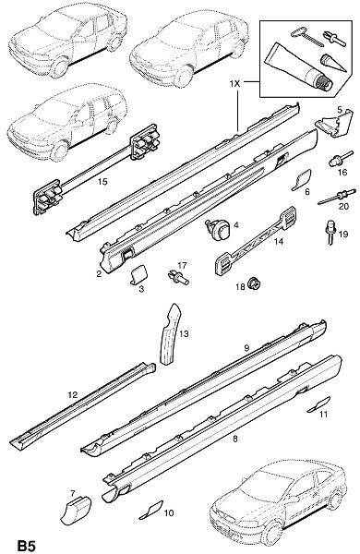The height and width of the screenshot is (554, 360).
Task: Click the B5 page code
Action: [x=27, y=546]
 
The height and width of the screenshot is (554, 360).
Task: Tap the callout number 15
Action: [x=102, y=182]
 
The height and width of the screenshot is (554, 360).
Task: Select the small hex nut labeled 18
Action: [x=255, y=283]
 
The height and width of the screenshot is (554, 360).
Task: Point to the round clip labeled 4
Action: [x=218, y=229]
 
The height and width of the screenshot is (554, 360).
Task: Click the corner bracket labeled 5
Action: [x=334, y=123]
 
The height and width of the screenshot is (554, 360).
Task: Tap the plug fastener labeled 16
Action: [x=340, y=158]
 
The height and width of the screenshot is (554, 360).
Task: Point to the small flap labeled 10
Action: [x=150, y=510]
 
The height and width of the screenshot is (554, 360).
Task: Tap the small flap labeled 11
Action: [x=318, y=404]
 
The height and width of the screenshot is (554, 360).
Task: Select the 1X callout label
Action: [x=234, y=84]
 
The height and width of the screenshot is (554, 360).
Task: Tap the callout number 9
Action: [x=246, y=348]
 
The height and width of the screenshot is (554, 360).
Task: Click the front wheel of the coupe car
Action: [x=272, y=534]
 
